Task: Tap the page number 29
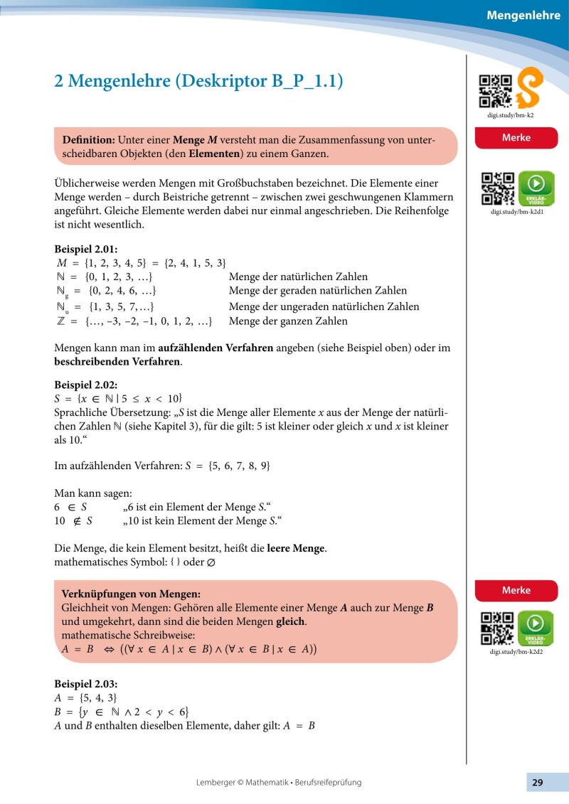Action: coord(537,783)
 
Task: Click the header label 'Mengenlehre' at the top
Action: coord(523,15)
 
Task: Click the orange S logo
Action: coord(530,88)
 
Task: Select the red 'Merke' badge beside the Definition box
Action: coord(516,138)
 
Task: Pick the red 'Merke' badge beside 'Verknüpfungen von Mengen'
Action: coord(516,590)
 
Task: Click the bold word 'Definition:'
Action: coord(89,139)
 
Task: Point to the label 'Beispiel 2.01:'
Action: coord(86,250)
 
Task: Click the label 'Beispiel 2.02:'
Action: coord(87,385)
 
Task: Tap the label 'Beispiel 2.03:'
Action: coord(87,684)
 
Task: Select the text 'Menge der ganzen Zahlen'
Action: coord(288,321)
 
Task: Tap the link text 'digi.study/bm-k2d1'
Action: coord(516,211)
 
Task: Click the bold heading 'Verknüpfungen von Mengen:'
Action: coord(131,594)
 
